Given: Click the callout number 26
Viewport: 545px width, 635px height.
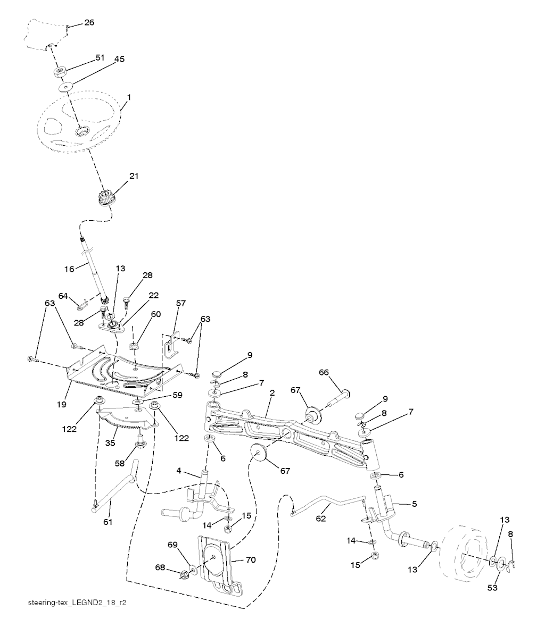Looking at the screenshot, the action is [89, 22].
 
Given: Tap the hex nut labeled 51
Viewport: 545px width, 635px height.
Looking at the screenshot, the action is [60, 72].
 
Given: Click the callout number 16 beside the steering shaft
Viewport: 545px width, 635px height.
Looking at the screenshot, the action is [69, 269].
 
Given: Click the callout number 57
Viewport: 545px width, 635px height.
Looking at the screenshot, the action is [181, 303].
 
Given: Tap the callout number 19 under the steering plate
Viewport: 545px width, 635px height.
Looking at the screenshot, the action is [62, 404].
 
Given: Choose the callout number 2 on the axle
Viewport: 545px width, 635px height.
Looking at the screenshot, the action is [272, 392].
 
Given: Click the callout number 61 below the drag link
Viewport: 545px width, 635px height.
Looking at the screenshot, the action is [108, 522].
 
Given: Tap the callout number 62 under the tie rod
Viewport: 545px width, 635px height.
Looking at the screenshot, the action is [320, 519].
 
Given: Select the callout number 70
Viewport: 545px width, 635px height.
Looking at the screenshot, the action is [251, 559].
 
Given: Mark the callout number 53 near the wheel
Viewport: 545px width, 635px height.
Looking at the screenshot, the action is [492, 587].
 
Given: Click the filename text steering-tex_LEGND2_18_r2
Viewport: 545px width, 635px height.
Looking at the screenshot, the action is [77, 603].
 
